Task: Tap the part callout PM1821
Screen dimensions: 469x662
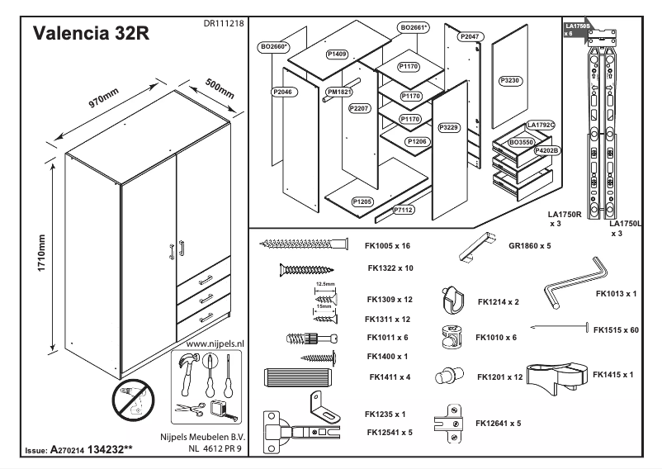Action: pos(338,92)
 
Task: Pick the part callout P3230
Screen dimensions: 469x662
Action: pos(510,81)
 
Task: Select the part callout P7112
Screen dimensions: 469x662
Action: pos(404,210)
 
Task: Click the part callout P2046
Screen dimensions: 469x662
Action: pos(282,92)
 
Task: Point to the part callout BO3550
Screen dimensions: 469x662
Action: pos(521,143)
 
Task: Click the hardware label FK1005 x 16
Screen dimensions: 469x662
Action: pos(388,246)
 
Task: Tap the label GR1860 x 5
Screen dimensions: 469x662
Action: pos(529,246)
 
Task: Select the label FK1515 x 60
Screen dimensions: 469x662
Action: pos(616,329)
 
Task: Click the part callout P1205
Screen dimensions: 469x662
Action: pos(362,201)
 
